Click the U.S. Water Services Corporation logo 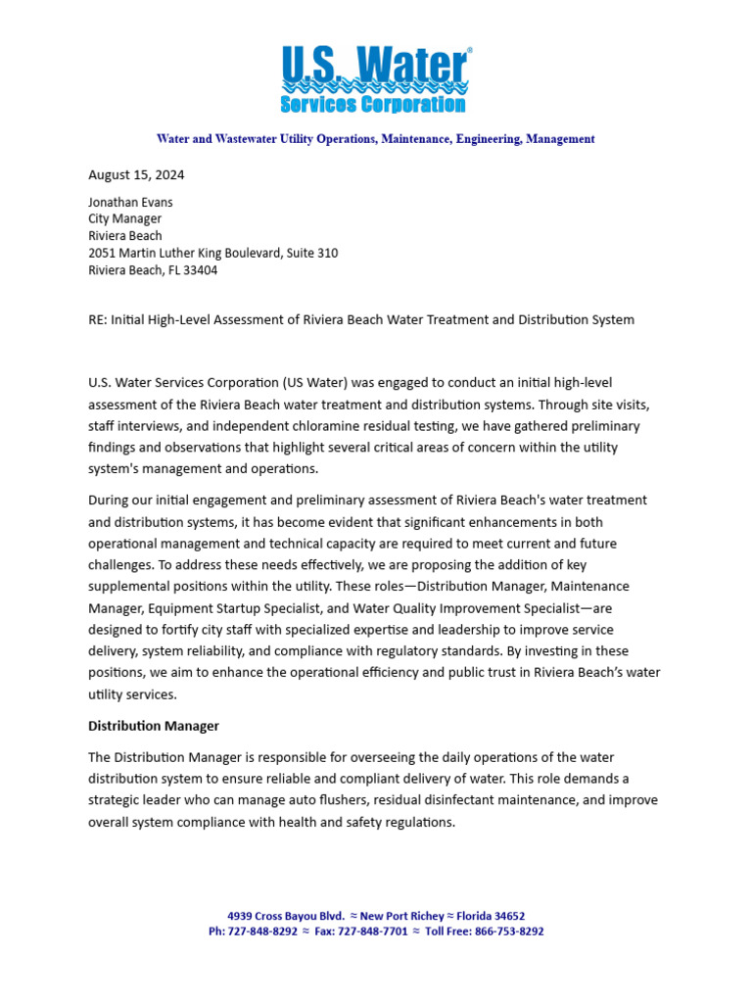click(375, 79)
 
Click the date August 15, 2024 click(136, 175)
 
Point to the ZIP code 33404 click(200, 270)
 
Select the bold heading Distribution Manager click(154, 726)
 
